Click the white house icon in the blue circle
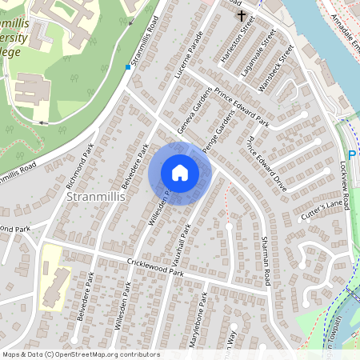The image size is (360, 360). (x=180, y=173)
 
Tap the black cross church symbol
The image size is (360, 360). (x=241, y=15)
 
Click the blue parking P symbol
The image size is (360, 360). (x=350, y=155)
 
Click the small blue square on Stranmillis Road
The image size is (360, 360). (x=127, y=68)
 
